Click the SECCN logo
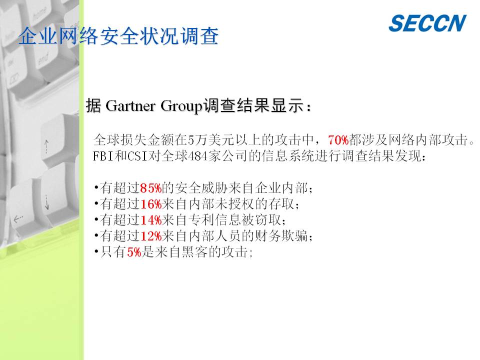427,23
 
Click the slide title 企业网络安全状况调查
118,36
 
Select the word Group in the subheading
181,106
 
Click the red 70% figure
338,140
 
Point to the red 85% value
150,188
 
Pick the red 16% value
150,204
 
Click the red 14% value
150,220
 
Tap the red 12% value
150,236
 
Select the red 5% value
134,252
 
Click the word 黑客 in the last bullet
194,252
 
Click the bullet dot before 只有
96,251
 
